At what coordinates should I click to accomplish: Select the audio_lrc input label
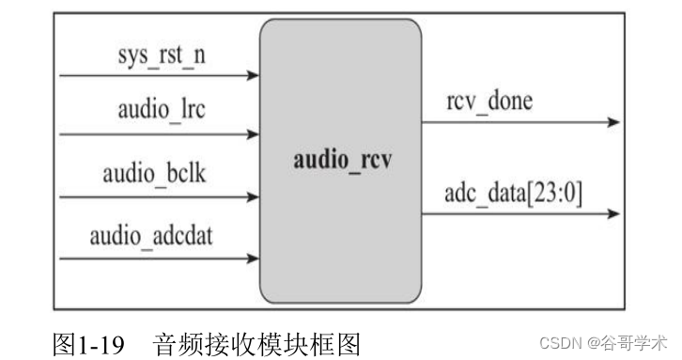click(x=162, y=111)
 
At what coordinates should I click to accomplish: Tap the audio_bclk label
click(x=158, y=175)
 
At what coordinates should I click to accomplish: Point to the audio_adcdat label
click(x=152, y=235)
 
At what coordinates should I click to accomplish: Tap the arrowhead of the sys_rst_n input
click(x=253, y=75)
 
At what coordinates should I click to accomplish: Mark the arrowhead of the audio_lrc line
click(x=253, y=134)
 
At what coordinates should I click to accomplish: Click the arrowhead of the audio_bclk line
click(x=253, y=197)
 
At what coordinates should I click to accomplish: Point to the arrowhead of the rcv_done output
click(x=613, y=122)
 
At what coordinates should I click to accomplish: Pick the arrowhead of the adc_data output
click(x=613, y=213)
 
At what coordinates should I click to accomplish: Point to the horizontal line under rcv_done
click(x=517, y=122)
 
